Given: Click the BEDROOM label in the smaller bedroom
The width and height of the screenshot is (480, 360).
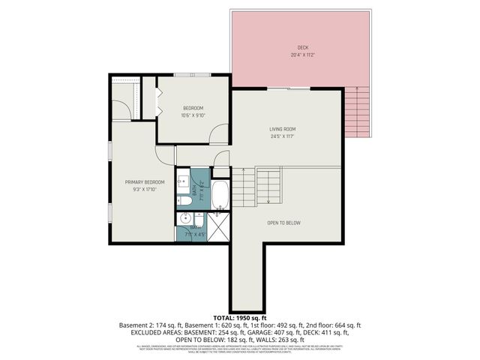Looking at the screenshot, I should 193,109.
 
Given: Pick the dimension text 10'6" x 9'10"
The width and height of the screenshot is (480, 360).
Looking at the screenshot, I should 193,116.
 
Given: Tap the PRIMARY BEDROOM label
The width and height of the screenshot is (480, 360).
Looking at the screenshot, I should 145,182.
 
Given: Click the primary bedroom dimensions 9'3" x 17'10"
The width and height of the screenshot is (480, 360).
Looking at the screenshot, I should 145,190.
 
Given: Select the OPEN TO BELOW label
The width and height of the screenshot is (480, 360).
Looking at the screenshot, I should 283,223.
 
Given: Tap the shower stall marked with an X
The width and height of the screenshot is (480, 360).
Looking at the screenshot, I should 219,227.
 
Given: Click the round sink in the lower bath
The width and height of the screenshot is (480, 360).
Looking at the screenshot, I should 185,219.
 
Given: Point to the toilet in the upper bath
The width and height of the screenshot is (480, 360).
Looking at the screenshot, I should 183,200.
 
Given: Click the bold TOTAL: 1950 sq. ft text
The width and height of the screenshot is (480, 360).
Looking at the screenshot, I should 240,318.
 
